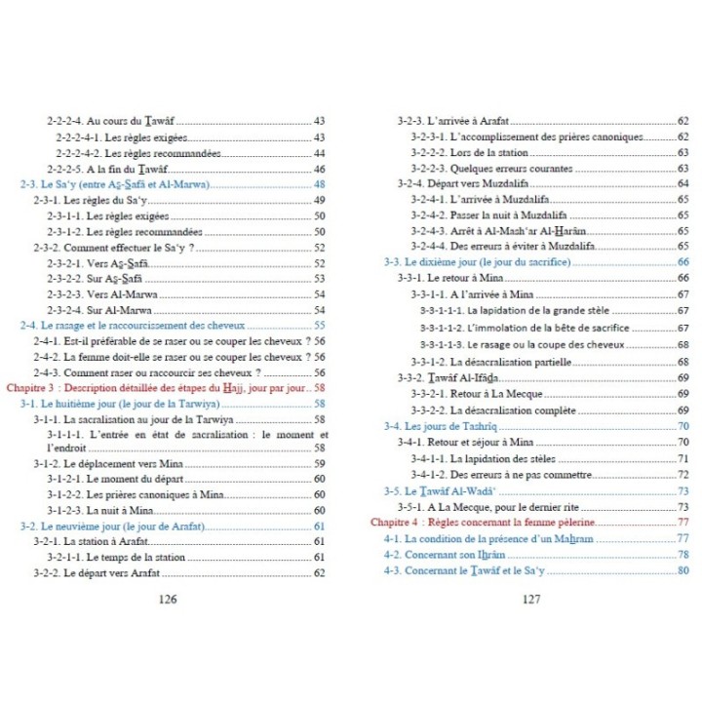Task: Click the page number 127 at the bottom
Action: tap(531, 600)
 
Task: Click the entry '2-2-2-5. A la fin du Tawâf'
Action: tap(116, 169)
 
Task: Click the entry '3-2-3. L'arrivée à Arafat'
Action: tap(454, 121)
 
